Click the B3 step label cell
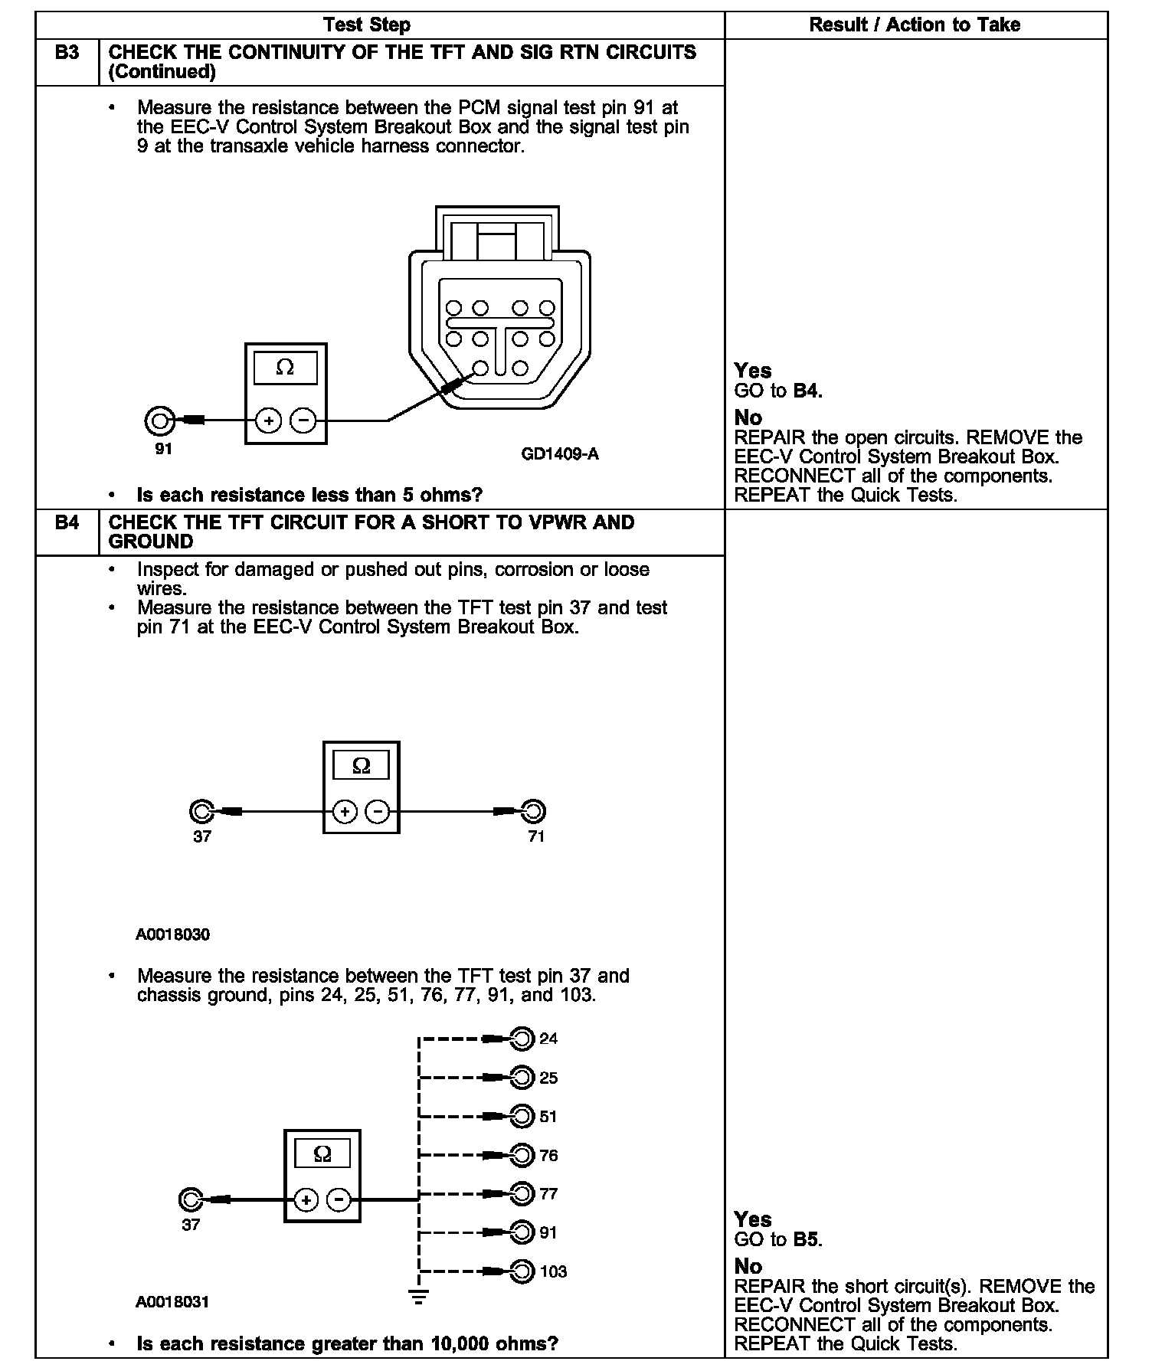(67, 53)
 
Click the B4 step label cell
(67, 523)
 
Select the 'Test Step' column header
(367, 25)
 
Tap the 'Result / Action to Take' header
(915, 25)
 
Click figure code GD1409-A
(560, 454)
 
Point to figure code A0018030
(172, 934)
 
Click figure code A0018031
(172, 1301)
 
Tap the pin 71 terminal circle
(533, 810)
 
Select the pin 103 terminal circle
(522, 1271)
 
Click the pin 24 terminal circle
(522, 1039)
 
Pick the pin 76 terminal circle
(522, 1155)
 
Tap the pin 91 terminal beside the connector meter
(158, 420)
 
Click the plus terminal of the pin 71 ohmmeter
(345, 811)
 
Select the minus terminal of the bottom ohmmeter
(339, 1200)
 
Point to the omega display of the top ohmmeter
(285, 368)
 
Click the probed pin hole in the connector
(480, 368)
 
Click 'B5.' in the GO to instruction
(807, 1239)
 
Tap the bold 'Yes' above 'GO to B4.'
(752, 371)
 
